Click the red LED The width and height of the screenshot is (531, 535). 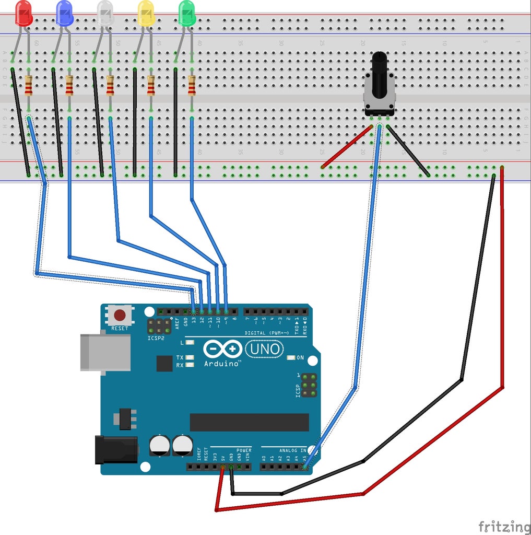(24, 14)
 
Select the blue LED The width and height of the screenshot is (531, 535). (64, 14)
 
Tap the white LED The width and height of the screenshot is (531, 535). (105, 14)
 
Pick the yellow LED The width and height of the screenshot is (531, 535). (146, 14)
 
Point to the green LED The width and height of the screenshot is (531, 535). (186, 14)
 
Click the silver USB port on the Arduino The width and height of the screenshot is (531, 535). (105, 353)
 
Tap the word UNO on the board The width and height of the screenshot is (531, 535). (264, 348)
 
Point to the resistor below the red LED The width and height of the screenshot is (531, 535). (28, 85)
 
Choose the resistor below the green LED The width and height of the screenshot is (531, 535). (192, 85)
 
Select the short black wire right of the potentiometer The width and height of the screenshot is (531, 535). (408, 150)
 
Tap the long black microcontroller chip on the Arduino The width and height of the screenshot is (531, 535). (249, 422)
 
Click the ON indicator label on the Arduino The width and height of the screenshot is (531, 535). (300, 358)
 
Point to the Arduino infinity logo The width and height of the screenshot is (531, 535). (223, 348)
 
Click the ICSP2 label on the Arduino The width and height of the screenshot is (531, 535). (156, 338)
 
